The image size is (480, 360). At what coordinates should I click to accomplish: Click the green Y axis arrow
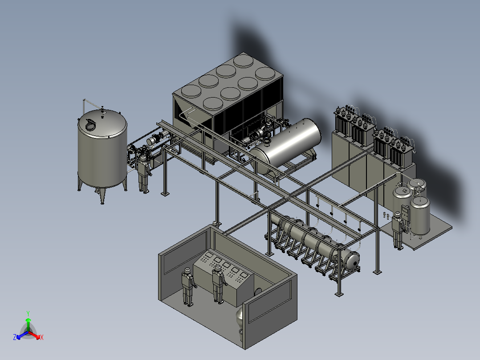28,323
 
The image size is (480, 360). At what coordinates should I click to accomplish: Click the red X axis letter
42,337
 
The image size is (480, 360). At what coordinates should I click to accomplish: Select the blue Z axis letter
14,337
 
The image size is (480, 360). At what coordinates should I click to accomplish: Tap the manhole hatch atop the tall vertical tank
91,125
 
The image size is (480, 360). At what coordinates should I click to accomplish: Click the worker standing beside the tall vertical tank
143,174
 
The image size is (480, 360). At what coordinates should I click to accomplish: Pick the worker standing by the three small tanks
398,230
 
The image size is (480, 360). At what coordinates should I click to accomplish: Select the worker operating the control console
218,284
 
